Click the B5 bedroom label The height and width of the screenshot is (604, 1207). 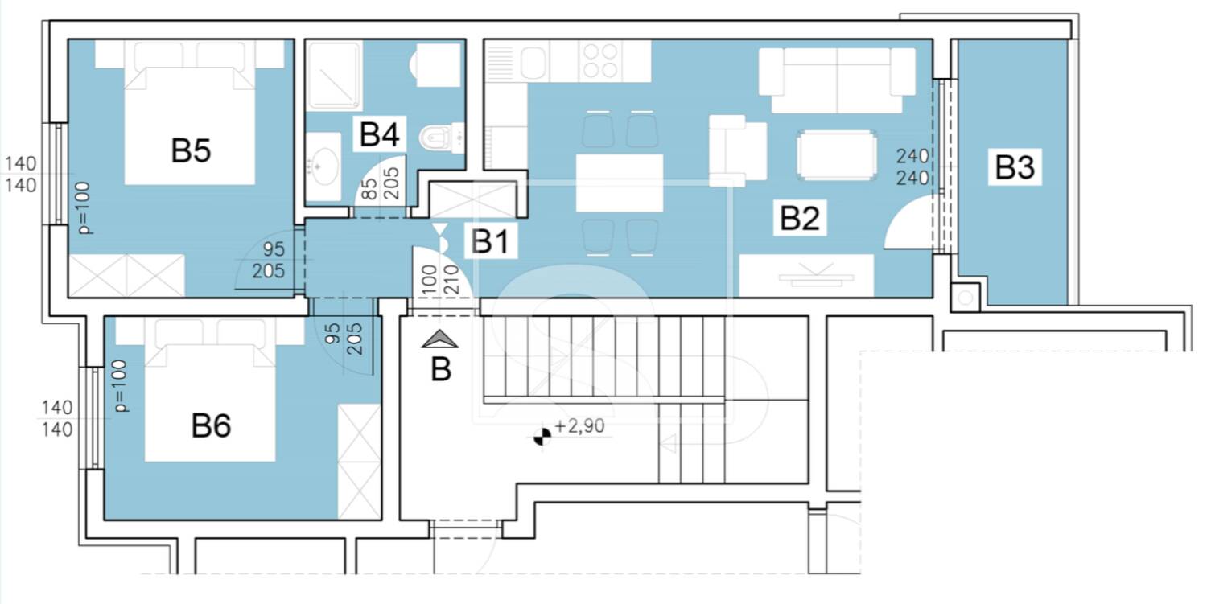click(x=191, y=150)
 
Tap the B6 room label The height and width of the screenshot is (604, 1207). click(x=211, y=425)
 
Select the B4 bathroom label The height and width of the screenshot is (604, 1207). click(x=379, y=134)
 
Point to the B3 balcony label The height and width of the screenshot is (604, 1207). click(x=1015, y=167)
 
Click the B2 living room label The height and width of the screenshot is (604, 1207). click(x=800, y=218)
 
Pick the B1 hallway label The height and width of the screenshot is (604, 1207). click(x=490, y=240)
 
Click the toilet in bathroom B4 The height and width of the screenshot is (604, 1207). click(x=441, y=138)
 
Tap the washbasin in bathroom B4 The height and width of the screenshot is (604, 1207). click(x=323, y=166)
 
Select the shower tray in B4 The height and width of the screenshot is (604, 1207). click(x=334, y=76)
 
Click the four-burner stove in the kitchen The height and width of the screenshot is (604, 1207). click(x=601, y=61)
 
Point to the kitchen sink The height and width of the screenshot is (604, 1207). click(x=533, y=63)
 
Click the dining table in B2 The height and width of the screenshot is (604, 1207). click(x=620, y=183)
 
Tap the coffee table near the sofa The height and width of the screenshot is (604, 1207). click(x=837, y=155)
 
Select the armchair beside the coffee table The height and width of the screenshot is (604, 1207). click(x=737, y=151)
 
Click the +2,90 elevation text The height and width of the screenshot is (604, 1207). click(x=579, y=426)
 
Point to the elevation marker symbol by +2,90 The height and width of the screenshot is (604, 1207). click(x=542, y=437)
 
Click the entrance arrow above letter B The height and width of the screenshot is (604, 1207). click(x=439, y=339)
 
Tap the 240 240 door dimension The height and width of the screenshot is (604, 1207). click(x=912, y=167)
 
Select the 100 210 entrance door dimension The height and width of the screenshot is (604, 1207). click(x=440, y=279)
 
